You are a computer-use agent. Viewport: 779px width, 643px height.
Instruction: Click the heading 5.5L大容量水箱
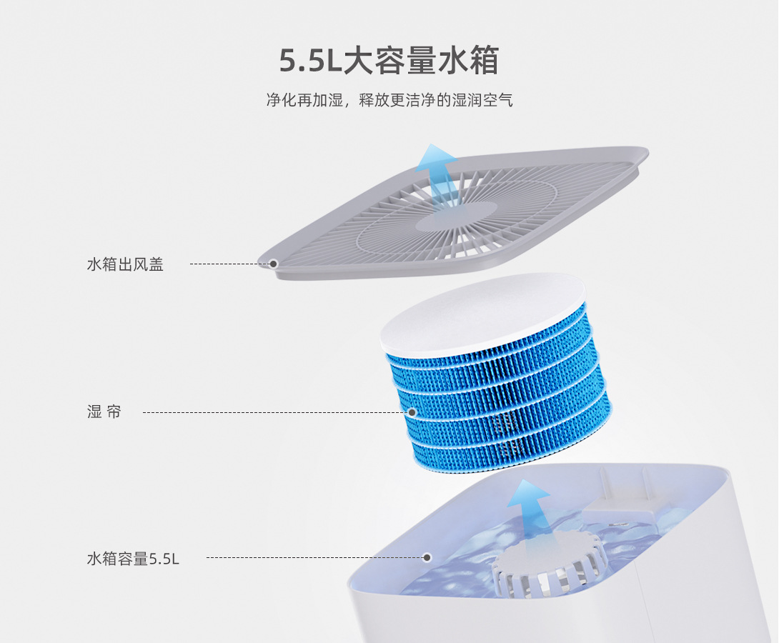[x=389, y=61]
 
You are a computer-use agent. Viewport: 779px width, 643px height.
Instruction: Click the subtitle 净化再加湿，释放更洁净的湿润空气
[x=389, y=100]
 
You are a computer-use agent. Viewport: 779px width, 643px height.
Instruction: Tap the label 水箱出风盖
[x=125, y=264]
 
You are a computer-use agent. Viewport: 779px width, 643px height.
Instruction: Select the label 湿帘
[x=104, y=412]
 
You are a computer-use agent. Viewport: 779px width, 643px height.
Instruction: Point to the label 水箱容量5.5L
[x=133, y=558]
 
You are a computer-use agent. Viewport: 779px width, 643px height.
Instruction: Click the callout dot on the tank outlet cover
[x=273, y=264]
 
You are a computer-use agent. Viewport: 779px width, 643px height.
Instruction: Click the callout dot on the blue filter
[x=412, y=412]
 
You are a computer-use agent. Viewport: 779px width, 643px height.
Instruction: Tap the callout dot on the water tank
[x=427, y=557]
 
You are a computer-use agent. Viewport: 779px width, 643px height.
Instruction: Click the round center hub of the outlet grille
[x=456, y=216]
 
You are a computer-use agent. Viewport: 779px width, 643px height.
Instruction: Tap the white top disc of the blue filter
[x=483, y=314]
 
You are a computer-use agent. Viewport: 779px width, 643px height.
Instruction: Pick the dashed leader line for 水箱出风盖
[x=229, y=264]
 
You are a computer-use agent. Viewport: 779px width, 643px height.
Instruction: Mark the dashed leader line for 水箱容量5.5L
[x=314, y=557]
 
